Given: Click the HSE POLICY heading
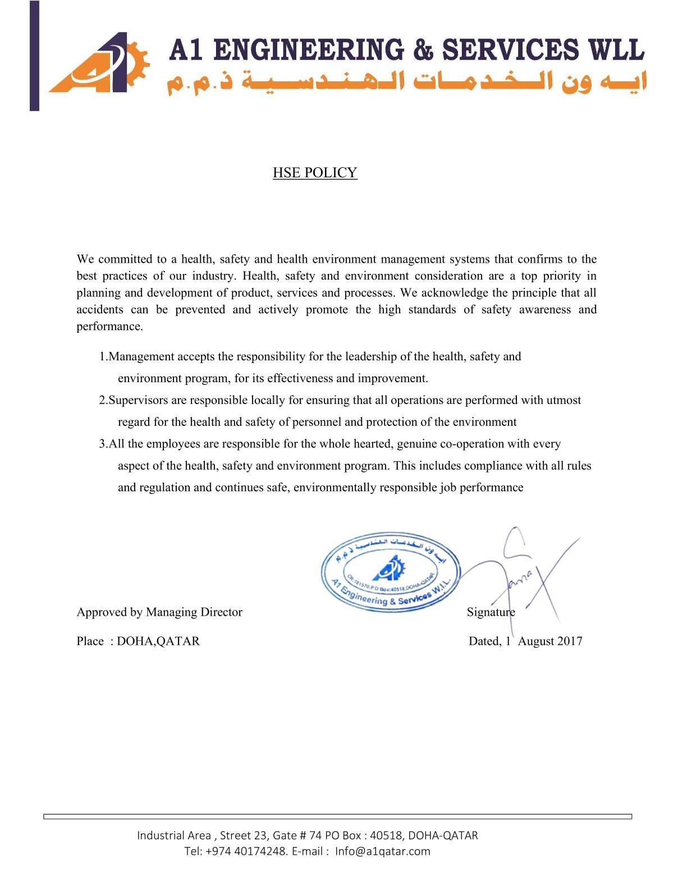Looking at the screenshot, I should point(315,172).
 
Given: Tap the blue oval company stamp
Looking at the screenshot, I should point(391,572).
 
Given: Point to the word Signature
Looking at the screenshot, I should point(491,612).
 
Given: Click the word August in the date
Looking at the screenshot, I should point(534,641).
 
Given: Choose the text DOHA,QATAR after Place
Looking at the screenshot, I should point(158,641).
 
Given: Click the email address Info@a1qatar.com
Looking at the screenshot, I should point(383,851).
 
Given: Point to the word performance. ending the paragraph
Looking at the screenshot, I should point(109,327).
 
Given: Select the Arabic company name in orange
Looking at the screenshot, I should point(407,82).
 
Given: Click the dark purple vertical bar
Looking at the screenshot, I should point(35,56).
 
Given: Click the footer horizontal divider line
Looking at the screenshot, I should point(338,817).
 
